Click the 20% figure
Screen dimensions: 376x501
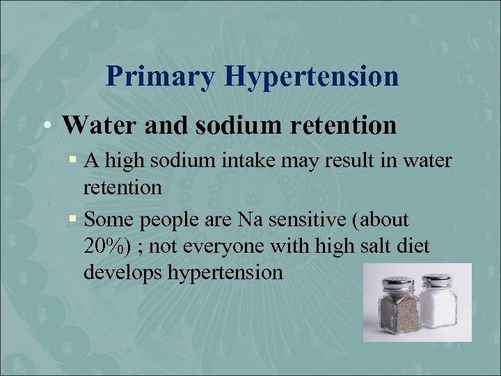[x=104, y=246]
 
